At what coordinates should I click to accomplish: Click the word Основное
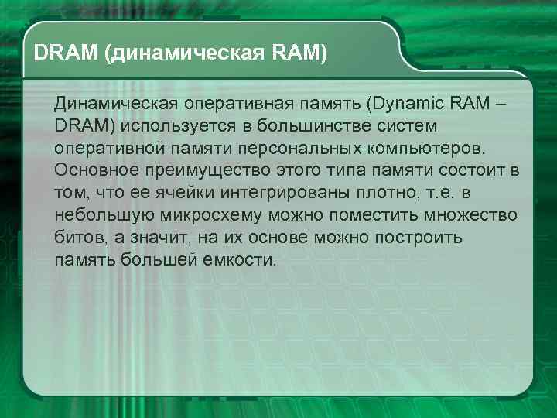click(x=100, y=170)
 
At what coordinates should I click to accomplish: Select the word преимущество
click(x=212, y=170)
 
